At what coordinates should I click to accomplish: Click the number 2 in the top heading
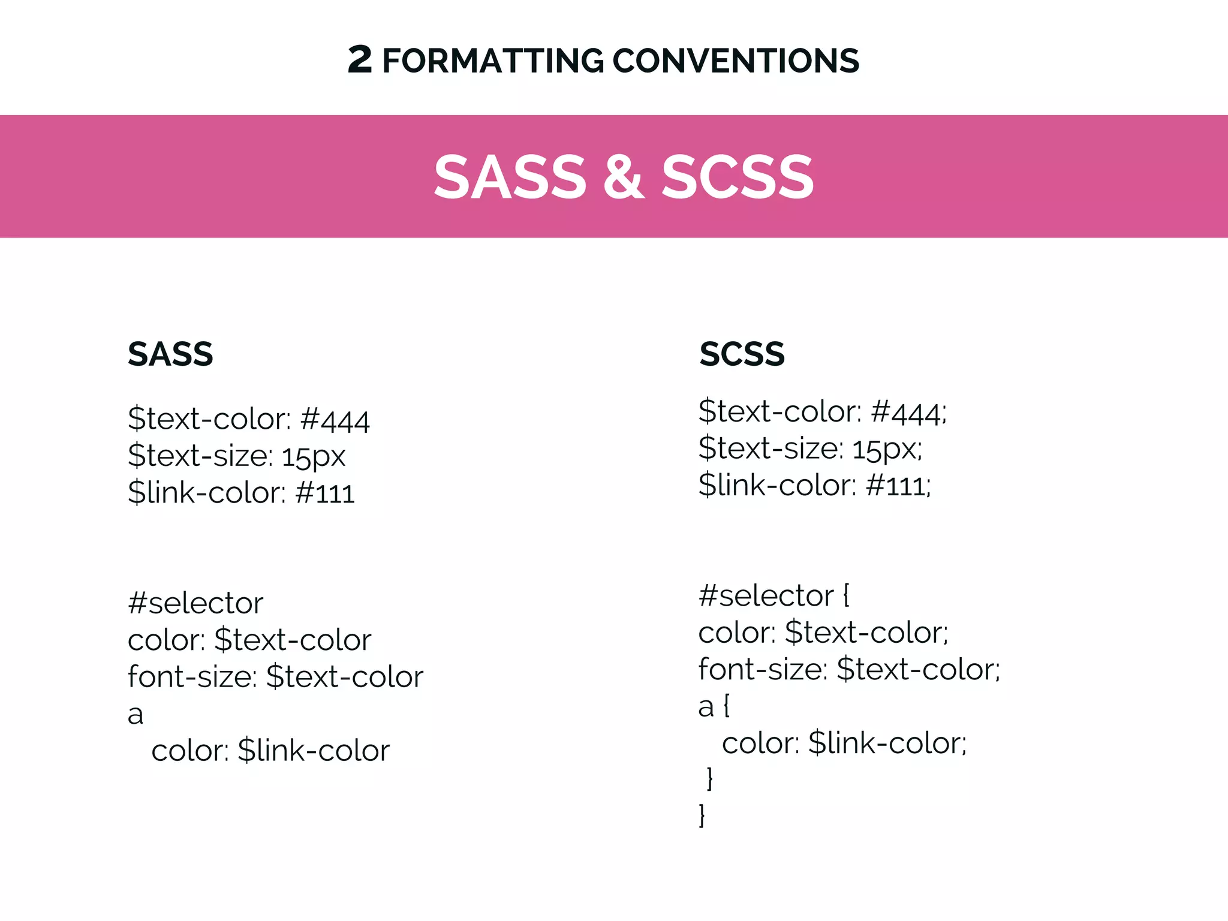(360, 60)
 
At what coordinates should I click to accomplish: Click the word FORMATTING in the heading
(493, 61)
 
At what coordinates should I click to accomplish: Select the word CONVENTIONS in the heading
(736, 61)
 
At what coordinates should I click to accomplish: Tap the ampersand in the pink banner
(624, 176)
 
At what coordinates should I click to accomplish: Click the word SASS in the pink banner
(510, 177)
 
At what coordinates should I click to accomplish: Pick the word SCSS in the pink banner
(738, 177)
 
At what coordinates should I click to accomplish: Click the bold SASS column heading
(170, 354)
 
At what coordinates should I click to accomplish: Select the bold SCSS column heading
(742, 354)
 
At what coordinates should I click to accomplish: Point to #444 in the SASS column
(335, 419)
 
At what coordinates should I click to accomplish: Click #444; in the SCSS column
(908, 412)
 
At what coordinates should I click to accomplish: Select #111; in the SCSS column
(899, 485)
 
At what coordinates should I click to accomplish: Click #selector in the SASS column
(195, 603)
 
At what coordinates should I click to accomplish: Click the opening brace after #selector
(846, 595)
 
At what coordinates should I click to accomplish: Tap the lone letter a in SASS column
(136, 714)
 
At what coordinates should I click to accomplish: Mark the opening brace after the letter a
(727, 706)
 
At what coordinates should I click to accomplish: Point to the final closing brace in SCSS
(702, 815)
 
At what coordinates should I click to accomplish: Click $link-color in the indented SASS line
(314, 751)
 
